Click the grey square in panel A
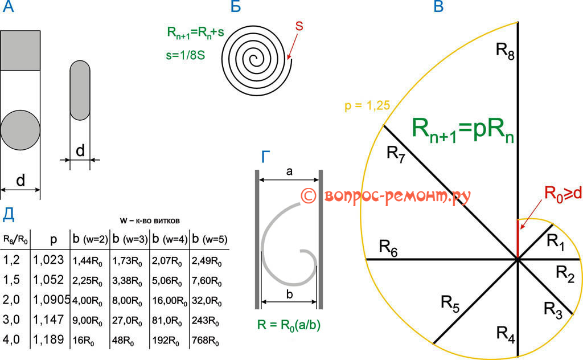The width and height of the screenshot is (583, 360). pyautogui.click(x=20, y=50)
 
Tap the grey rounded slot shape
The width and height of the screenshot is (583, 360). pyautogui.click(x=80, y=89)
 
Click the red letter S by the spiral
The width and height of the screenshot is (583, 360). pyautogui.click(x=299, y=26)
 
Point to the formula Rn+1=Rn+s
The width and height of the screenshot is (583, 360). pyautogui.click(x=191, y=34)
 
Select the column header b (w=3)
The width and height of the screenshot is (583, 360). pyautogui.click(x=130, y=238)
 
